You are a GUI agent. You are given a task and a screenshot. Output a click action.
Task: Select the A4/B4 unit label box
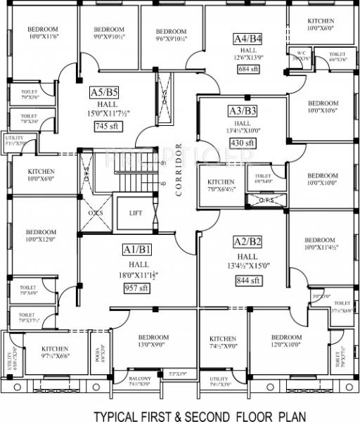click(x=248, y=38)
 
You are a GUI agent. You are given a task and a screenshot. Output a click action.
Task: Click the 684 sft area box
click(x=249, y=70)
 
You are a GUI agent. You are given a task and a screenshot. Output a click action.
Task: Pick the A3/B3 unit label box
click(x=241, y=110)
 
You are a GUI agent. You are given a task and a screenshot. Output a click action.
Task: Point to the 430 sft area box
click(x=242, y=143)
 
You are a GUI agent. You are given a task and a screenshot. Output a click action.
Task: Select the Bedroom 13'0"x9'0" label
click(x=152, y=340)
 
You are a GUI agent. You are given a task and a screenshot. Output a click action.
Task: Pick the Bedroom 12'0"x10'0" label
click(x=286, y=341)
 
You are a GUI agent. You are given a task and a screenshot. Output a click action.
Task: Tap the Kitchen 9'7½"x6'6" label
click(x=55, y=352)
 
